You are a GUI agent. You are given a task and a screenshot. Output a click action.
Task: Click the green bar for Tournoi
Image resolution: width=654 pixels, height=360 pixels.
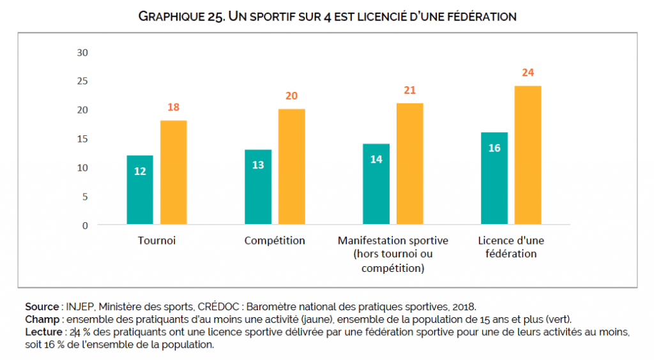click(x=140, y=190)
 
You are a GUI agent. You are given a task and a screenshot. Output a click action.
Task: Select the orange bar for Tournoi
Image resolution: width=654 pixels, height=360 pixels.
click(x=173, y=172)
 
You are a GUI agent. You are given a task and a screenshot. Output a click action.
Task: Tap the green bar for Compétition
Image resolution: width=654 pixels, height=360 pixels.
click(x=258, y=187)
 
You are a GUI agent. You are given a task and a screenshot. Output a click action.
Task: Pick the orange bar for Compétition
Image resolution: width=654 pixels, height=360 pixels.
click(x=291, y=167)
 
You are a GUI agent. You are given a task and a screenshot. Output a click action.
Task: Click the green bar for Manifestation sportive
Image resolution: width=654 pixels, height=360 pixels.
click(x=376, y=184)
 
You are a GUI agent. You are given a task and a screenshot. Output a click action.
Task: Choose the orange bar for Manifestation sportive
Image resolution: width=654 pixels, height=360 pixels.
click(x=409, y=163)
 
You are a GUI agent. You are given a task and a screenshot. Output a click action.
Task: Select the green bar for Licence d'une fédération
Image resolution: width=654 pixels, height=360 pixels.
click(x=494, y=178)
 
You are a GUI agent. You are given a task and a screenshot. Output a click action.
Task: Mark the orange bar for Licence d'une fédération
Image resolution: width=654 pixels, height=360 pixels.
click(x=528, y=155)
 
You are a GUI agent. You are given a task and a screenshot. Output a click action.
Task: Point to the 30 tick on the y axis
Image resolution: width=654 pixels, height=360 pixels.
click(x=82, y=52)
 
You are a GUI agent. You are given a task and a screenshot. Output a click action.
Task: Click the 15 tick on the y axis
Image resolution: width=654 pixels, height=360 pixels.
click(x=82, y=139)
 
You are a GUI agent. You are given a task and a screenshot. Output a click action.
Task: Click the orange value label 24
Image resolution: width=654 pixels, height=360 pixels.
click(x=528, y=73)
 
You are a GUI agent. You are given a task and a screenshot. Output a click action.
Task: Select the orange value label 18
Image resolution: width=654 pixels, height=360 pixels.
click(x=173, y=107)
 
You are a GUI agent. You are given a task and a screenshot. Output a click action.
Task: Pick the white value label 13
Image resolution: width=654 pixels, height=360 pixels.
click(x=258, y=165)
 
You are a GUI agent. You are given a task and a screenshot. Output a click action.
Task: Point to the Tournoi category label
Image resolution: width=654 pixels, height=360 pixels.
click(x=156, y=241)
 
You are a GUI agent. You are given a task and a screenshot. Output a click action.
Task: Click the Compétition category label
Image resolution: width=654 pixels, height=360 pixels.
click(x=275, y=241)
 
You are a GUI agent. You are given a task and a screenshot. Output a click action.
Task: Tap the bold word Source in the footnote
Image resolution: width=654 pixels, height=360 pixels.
click(x=42, y=306)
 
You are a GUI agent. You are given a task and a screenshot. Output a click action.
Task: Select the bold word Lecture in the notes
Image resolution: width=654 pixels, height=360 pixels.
click(x=43, y=332)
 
